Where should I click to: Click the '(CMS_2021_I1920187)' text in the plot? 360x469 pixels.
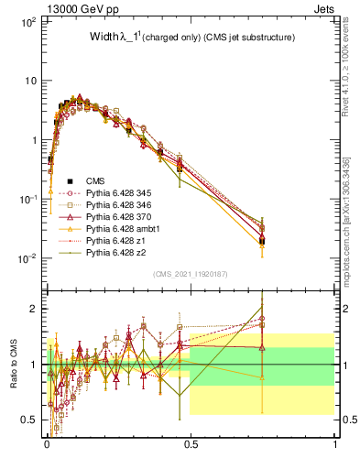coord(191,274)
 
